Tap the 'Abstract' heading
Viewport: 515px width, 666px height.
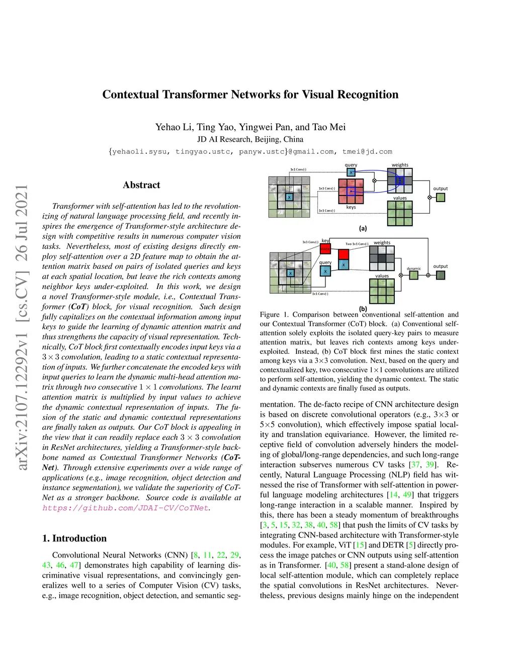click(141, 185)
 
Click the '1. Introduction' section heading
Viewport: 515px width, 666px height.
click(74, 538)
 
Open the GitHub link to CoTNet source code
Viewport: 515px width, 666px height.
click(125, 508)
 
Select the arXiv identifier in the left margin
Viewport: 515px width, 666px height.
click(22, 327)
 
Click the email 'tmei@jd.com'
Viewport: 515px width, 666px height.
click(367, 151)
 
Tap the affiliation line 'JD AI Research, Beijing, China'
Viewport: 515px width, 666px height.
click(250, 139)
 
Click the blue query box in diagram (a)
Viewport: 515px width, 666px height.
click(351, 172)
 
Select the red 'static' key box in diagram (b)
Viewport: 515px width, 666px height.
click(325, 248)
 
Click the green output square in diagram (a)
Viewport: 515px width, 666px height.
click(441, 198)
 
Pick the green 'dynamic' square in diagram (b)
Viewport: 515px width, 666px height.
click(414, 275)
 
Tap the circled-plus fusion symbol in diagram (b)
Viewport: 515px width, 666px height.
click(428, 275)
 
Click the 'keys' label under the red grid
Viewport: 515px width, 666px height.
click(351, 207)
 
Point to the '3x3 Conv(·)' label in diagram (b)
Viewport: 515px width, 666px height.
click(310, 242)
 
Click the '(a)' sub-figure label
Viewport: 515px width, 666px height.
click(363, 228)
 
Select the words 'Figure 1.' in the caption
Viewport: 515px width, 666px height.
click(274, 315)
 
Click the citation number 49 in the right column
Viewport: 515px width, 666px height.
click(407, 495)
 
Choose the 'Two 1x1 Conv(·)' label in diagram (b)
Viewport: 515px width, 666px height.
click(357, 244)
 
